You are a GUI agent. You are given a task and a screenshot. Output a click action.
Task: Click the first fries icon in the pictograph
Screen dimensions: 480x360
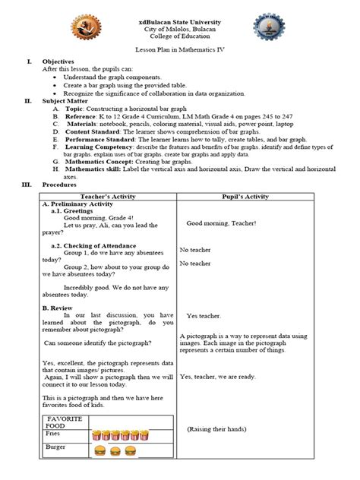pyautogui.click(x=96, y=435)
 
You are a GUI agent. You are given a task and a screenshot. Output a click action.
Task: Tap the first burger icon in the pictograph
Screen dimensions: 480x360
pyautogui.click(x=98, y=450)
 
